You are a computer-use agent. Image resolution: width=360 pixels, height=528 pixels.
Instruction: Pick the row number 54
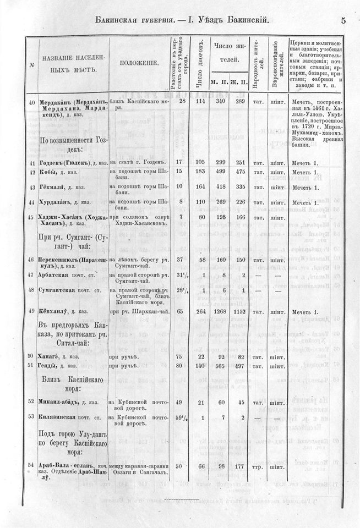tap(31, 466)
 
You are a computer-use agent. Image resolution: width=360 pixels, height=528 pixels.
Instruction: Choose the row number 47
tap(31, 273)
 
